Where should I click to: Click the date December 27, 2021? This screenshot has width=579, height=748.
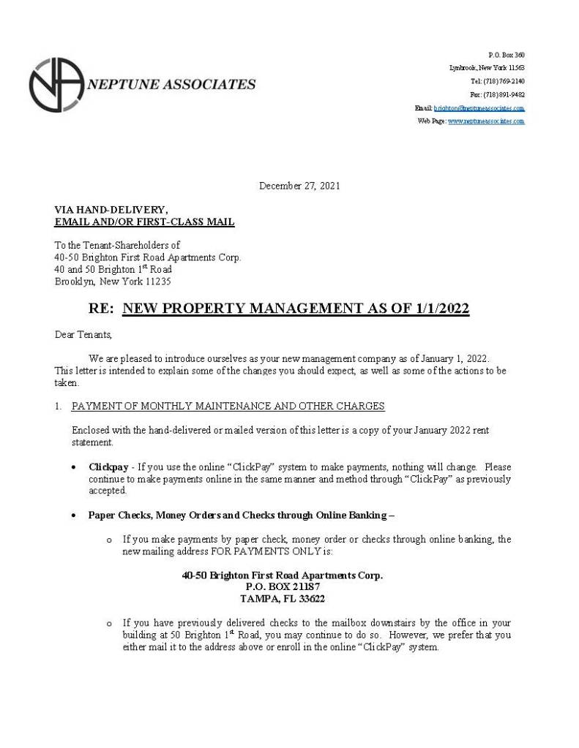click(299, 186)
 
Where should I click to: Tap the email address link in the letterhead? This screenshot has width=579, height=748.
click(479, 108)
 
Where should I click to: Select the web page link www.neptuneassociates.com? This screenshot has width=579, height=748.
click(485, 121)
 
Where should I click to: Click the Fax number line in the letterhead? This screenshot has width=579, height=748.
click(497, 94)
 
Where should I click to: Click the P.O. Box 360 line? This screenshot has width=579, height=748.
click(506, 55)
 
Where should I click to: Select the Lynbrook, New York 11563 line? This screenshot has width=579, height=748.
click(487, 68)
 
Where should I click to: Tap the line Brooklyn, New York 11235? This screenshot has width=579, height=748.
click(113, 282)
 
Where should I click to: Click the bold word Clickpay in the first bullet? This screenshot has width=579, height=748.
click(108, 466)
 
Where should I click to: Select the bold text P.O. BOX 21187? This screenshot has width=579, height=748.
click(283, 586)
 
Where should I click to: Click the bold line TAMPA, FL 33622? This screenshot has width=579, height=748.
click(283, 598)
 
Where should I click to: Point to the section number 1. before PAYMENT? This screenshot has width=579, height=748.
click(59, 406)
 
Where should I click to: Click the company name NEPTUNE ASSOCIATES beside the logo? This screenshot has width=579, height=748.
click(171, 84)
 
